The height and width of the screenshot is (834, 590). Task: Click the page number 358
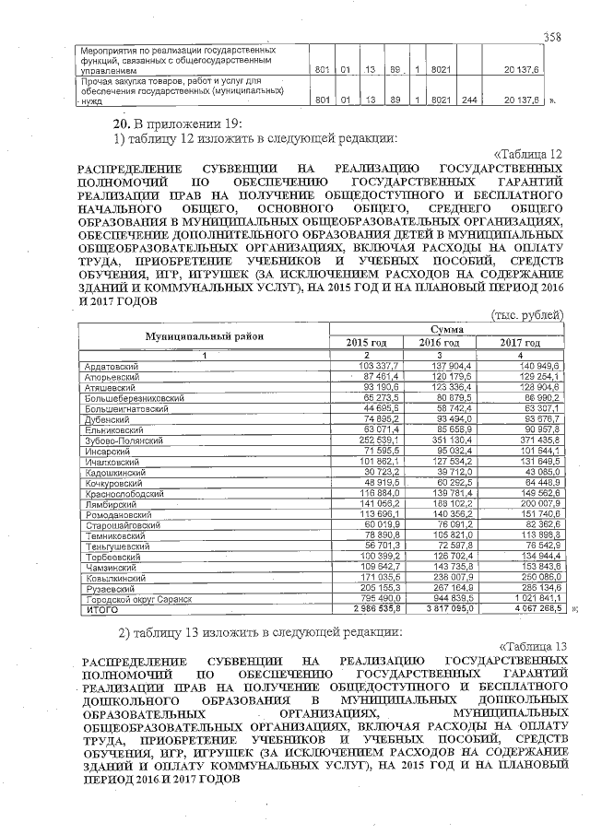[x=552, y=37]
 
